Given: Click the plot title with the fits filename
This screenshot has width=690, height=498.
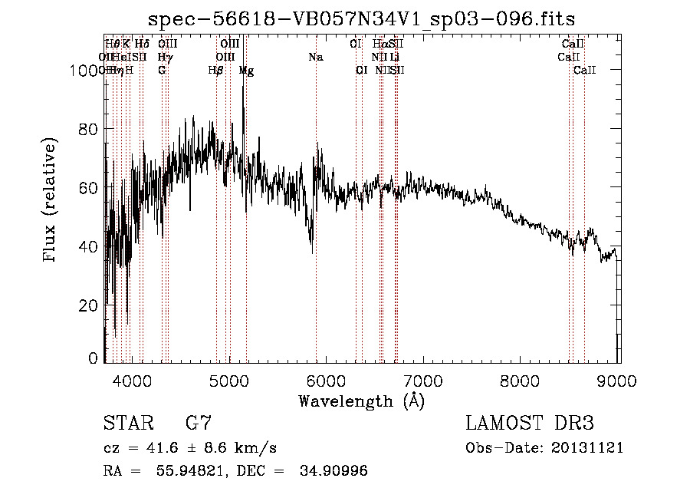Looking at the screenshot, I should pyautogui.click(x=361, y=18).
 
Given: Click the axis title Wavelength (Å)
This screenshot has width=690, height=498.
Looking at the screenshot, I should pyautogui.click(x=361, y=401).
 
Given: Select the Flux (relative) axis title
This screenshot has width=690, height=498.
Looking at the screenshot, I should pyautogui.click(x=51, y=202).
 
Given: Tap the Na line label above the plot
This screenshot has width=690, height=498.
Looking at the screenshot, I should pyautogui.click(x=315, y=57).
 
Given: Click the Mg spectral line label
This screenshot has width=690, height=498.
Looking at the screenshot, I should pyautogui.click(x=246, y=70).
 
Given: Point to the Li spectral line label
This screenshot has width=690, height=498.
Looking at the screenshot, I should pyautogui.click(x=394, y=57).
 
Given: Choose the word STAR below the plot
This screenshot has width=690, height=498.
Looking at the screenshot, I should pyautogui.click(x=127, y=423).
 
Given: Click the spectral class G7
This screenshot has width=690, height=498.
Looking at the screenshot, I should pyautogui.click(x=198, y=423).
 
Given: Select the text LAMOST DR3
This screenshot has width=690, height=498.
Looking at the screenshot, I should pyautogui.click(x=529, y=423).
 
